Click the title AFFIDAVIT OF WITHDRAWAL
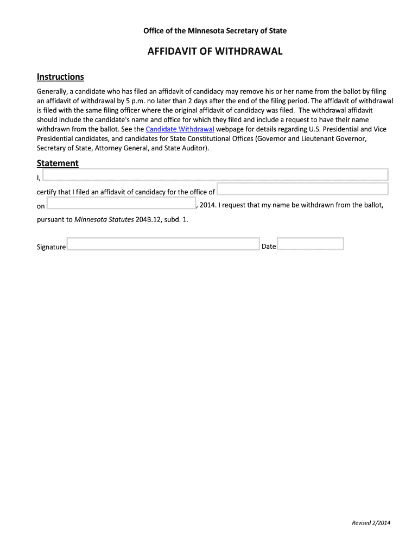click(215, 52)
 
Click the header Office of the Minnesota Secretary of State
click(215, 31)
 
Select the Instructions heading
click(60, 77)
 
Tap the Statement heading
click(58, 163)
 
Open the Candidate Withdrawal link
click(180, 129)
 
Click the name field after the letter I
click(215, 174)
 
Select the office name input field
click(302, 189)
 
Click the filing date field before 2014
click(121, 203)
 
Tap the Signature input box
click(163, 244)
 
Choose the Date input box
click(311, 244)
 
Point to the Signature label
click(51, 247)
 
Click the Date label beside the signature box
click(269, 247)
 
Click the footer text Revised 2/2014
click(371, 523)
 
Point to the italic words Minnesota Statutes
click(104, 220)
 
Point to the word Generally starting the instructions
click(52, 92)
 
